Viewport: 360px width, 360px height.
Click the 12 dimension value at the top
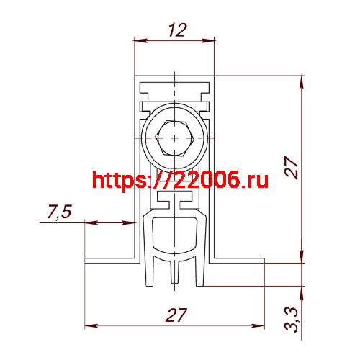(x=177, y=30)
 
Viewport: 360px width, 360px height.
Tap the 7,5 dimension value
(x=59, y=212)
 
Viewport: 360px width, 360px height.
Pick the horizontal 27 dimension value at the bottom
(x=176, y=315)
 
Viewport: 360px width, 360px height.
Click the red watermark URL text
(x=180, y=180)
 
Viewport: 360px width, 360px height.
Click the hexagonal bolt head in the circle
(x=174, y=138)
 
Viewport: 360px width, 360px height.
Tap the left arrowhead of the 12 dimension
(x=140, y=40)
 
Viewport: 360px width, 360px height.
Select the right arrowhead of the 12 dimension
(x=208, y=40)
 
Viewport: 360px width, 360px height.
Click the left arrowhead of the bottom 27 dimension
(x=91, y=326)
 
